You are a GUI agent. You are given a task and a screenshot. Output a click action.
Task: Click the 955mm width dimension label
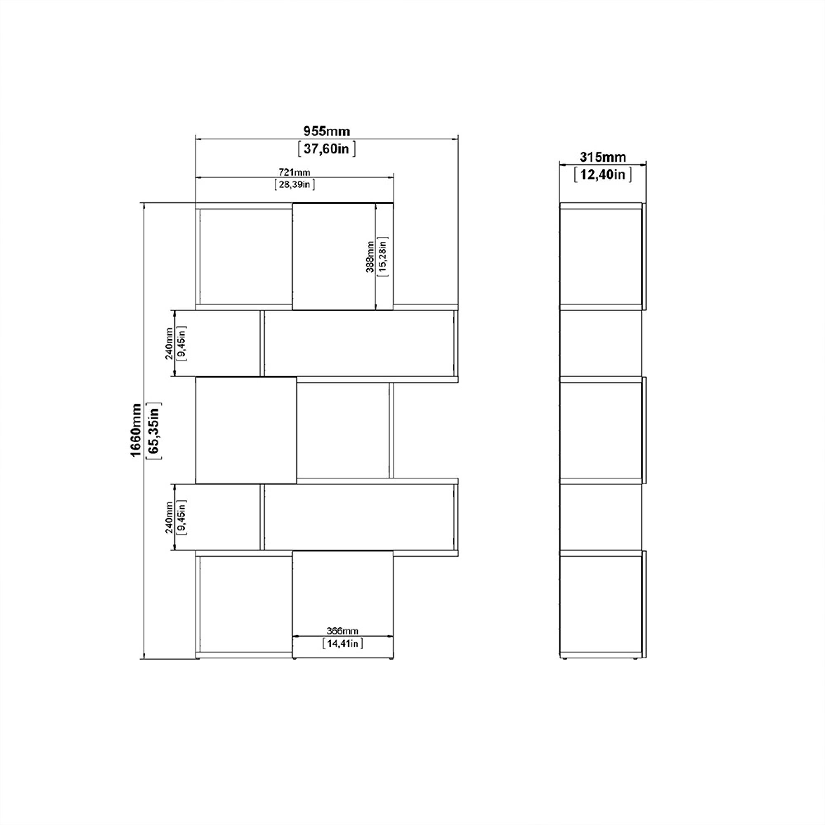pyautogui.click(x=326, y=131)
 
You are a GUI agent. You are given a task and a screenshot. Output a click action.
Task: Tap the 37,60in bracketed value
pyautogui.click(x=326, y=148)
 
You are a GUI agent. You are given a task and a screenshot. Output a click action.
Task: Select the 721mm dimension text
pyautogui.click(x=294, y=172)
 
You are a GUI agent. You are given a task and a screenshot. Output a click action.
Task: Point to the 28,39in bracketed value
pyautogui.click(x=294, y=184)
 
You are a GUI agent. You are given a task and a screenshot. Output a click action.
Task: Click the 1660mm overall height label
pyautogui.click(x=136, y=430)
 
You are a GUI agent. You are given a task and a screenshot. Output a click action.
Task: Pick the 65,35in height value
pyautogui.click(x=154, y=430)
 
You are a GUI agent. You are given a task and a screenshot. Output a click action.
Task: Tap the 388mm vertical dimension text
pyautogui.click(x=370, y=257)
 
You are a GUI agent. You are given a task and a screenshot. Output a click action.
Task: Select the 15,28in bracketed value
pyautogui.click(x=383, y=257)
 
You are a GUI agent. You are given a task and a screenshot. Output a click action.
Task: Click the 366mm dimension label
pyautogui.click(x=342, y=631)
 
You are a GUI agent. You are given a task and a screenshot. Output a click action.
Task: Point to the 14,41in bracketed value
pyautogui.click(x=343, y=643)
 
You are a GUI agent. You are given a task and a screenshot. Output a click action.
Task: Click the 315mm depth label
pyautogui.click(x=603, y=157)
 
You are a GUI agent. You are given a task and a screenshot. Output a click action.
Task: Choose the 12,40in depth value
pyautogui.click(x=603, y=174)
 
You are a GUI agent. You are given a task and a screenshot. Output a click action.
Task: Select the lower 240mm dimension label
pyautogui.click(x=169, y=517)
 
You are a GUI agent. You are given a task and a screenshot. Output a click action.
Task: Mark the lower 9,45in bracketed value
pyautogui.click(x=182, y=517)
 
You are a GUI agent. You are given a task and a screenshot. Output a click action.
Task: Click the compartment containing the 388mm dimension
pyautogui.click(x=333, y=257)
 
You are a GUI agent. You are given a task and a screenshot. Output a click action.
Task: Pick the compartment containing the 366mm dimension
pyautogui.click(x=342, y=598)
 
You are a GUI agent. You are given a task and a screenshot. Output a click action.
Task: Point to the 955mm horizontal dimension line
pyautogui.click(x=256, y=139)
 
